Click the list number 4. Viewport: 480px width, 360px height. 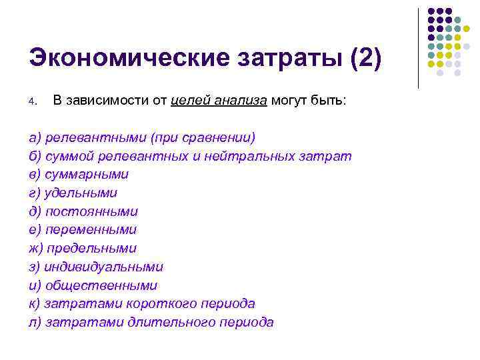(31, 102)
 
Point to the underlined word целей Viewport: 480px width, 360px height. (191, 101)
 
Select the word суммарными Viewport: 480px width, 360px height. (87, 174)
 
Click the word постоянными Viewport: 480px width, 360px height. (92, 211)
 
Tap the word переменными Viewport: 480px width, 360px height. (91, 229)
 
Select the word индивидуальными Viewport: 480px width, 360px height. (104, 267)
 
